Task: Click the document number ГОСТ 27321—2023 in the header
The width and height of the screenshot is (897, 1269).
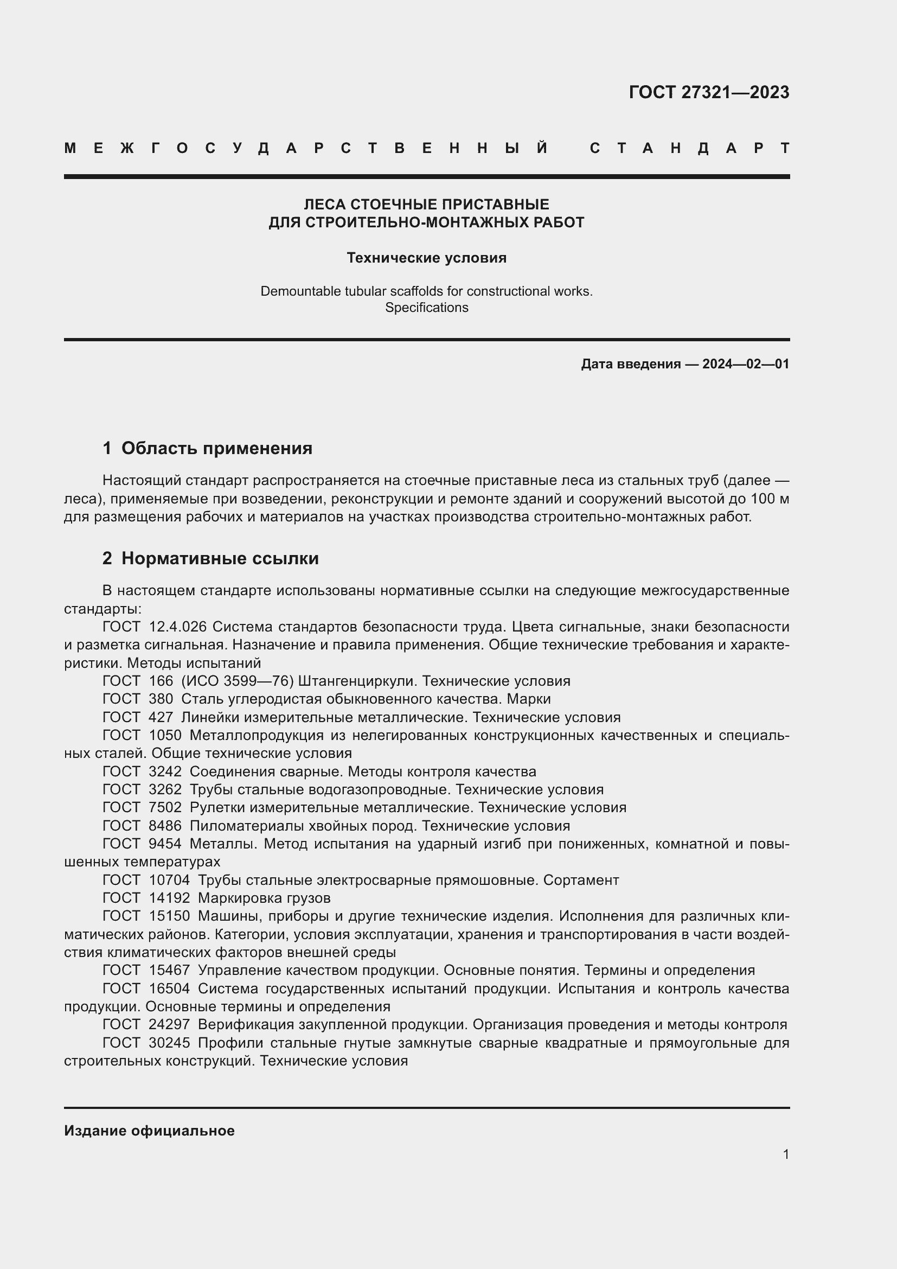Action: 709,92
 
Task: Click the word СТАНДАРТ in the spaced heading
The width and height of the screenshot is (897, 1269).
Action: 690,148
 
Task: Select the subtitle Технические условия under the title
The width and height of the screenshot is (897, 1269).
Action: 426,258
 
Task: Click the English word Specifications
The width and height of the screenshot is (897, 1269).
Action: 426,307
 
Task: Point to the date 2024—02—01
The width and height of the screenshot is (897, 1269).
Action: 746,364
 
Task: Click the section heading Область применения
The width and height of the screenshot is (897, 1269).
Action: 216,448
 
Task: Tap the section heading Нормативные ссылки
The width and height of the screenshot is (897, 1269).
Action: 220,558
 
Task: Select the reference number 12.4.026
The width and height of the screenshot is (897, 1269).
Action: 177,627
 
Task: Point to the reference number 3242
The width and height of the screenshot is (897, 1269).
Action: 165,771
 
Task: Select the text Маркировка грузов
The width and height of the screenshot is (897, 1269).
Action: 264,898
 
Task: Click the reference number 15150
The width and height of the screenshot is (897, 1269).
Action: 169,916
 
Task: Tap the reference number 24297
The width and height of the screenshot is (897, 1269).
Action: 169,1025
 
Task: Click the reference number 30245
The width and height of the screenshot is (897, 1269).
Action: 169,1043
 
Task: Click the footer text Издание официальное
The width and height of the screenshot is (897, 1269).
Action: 149,1131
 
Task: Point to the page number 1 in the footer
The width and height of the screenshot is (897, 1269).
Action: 785,1154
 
